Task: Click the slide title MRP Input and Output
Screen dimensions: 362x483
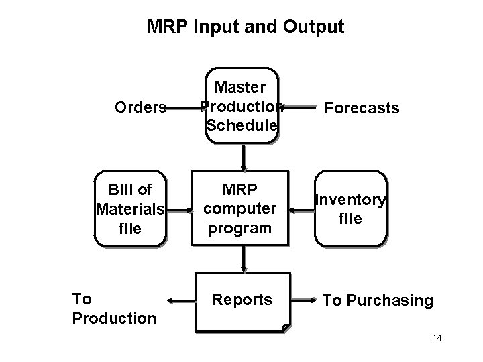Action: (x=245, y=27)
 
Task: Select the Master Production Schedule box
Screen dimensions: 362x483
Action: (x=241, y=106)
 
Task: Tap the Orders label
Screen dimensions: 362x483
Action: (x=140, y=107)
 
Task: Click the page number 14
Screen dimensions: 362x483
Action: (x=437, y=338)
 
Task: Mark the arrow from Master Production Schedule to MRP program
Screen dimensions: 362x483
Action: (x=243, y=158)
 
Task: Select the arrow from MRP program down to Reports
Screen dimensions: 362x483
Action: (x=243, y=258)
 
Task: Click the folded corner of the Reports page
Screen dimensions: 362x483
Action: (x=284, y=328)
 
